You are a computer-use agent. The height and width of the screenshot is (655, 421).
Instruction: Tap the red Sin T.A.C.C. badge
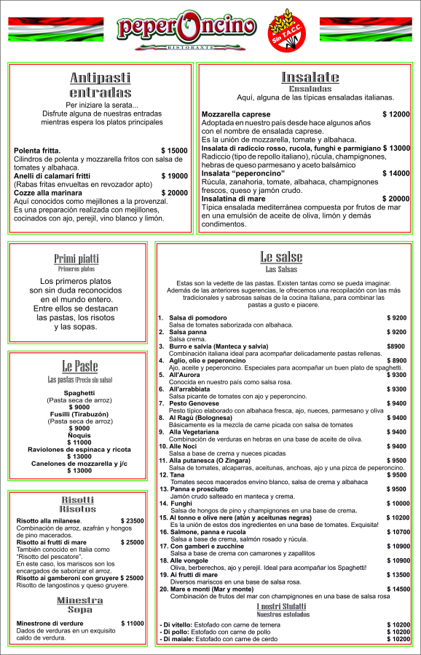(x=286, y=31)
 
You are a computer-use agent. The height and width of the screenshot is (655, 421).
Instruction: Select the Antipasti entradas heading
(x=101, y=85)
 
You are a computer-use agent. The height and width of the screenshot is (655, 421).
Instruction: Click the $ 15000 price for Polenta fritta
(x=174, y=151)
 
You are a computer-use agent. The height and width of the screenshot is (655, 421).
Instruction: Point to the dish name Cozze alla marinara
(x=49, y=192)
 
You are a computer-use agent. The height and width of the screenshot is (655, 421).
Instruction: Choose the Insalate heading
(x=310, y=77)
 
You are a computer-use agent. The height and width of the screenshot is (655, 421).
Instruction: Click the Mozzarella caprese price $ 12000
(x=396, y=114)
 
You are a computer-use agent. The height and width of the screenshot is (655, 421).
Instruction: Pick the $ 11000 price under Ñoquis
(x=79, y=442)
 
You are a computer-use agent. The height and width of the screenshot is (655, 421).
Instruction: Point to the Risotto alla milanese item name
(x=48, y=520)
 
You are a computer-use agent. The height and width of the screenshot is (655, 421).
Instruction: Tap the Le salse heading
(x=280, y=256)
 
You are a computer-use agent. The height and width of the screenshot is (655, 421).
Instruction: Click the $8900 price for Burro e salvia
(x=396, y=346)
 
